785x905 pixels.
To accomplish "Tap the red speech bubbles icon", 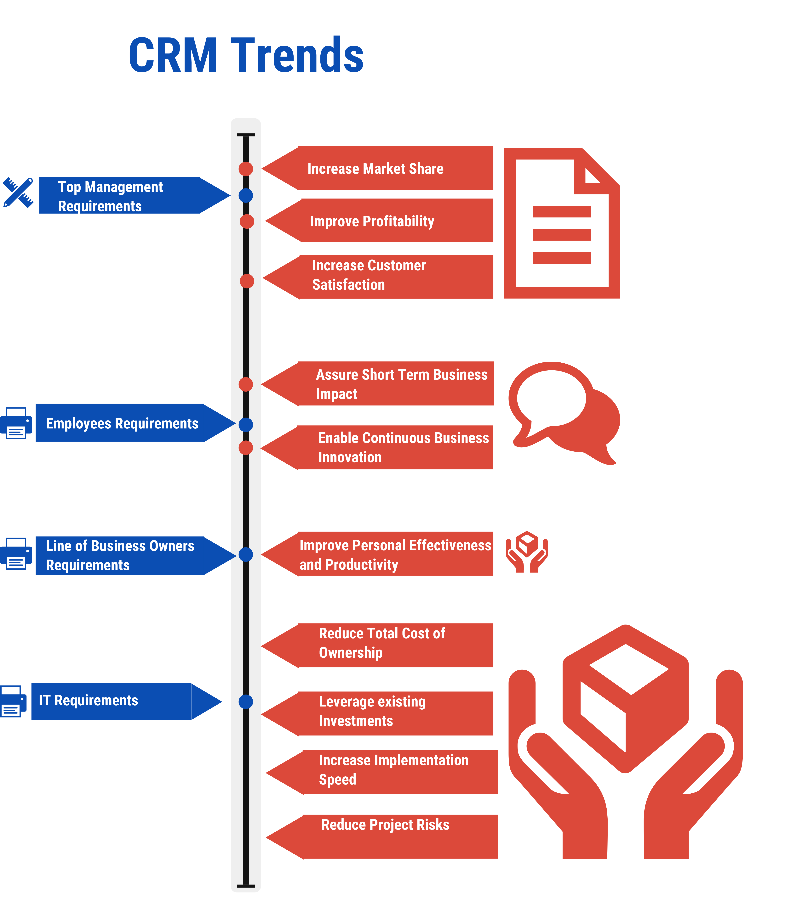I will [564, 411].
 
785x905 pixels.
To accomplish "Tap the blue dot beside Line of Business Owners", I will [246, 555].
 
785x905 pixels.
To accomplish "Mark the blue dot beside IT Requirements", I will [246, 701].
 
